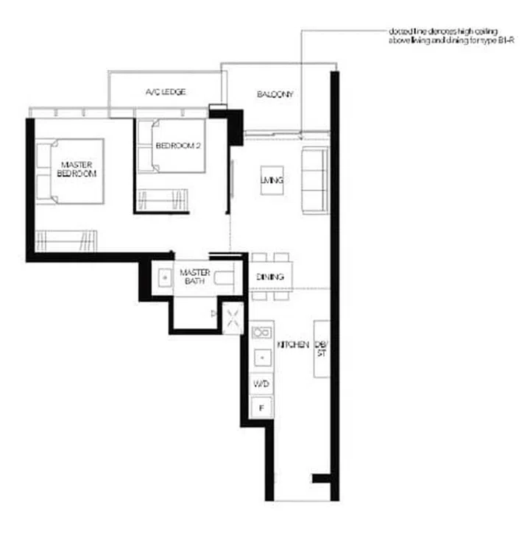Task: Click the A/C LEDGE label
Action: coord(165,92)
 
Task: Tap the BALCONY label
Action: coord(275,94)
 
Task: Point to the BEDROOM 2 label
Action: coord(178,146)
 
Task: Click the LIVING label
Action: coord(272,180)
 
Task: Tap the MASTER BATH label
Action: coord(195,277)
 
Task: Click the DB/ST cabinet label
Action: coord(322,349)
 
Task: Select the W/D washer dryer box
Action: coord(261,383)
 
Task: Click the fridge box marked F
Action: coord(261,406)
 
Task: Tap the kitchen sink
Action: coord(261,333)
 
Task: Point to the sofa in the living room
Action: coord(315,180)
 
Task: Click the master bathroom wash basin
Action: coord(165,277)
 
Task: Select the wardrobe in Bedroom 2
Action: coord(162,200)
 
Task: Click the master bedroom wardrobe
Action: coord(66,241)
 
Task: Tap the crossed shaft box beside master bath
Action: coord(233,319)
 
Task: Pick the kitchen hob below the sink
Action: coord(261,358)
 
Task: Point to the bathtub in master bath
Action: coord(225,278)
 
